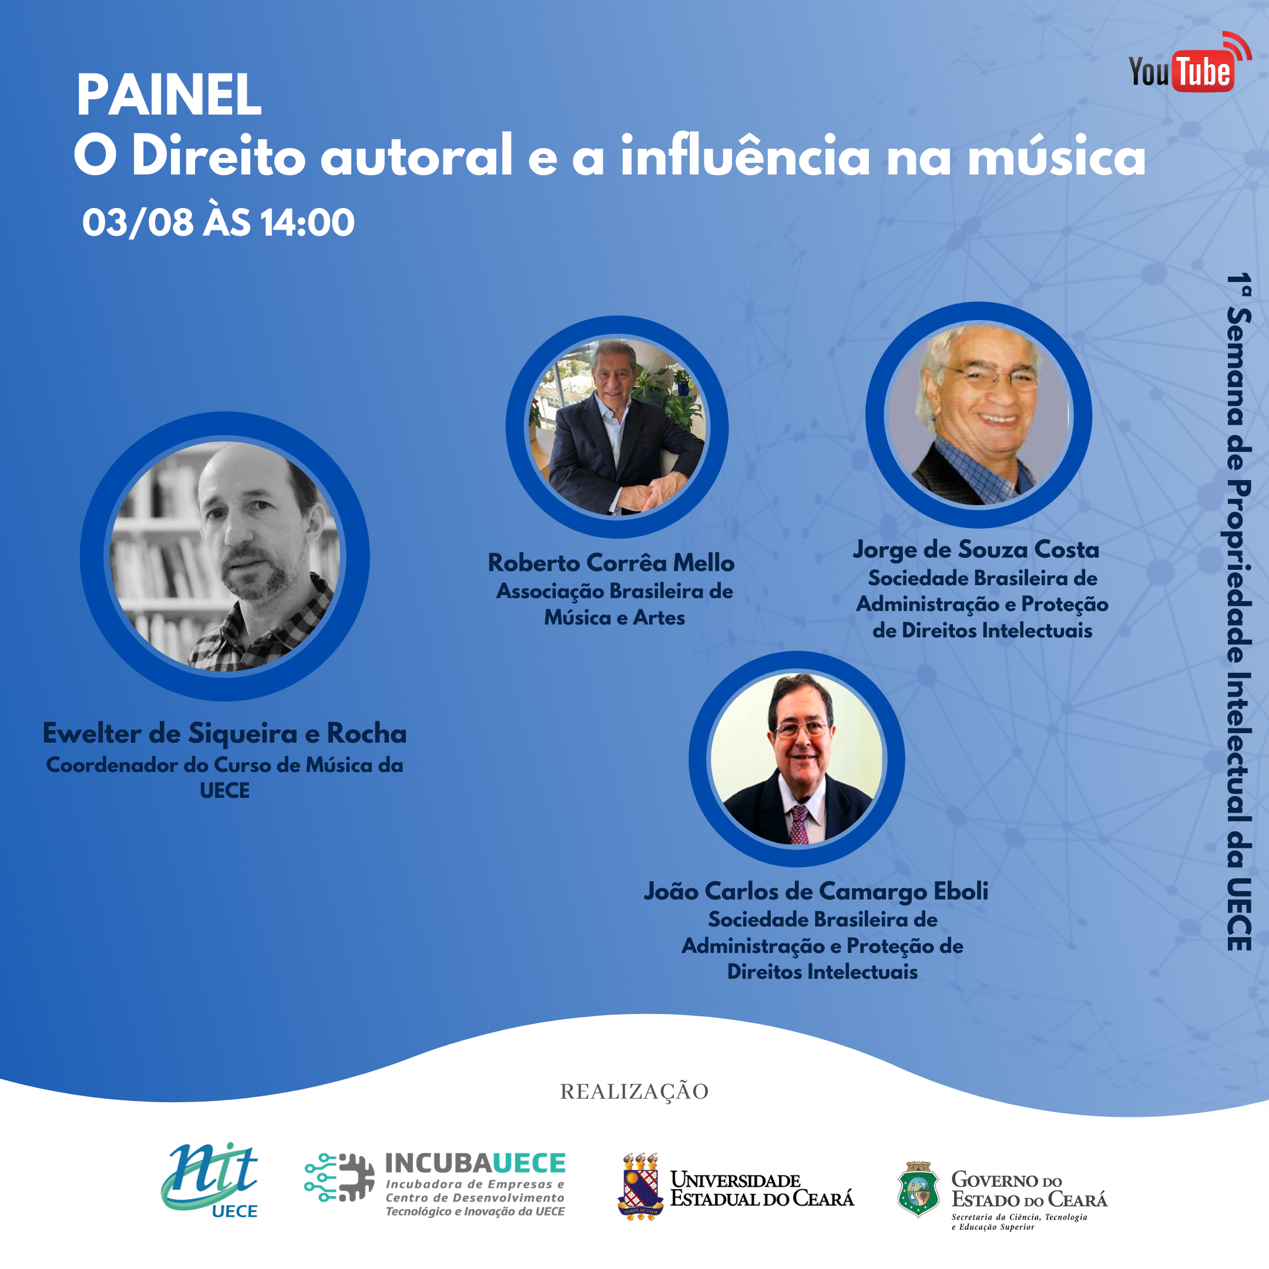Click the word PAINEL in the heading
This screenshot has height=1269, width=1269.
tap(169, 95)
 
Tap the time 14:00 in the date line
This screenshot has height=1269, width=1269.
tap(307, 223)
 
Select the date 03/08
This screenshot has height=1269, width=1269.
tap(138, 223)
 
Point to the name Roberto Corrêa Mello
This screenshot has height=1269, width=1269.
tap(611, 562)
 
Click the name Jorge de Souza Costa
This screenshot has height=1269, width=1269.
tap(976, 549)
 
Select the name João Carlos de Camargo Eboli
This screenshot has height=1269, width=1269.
tap(816, 891)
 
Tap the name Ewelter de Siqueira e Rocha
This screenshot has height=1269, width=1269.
tap(224, 733)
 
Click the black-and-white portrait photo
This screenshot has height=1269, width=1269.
tap(224, 556)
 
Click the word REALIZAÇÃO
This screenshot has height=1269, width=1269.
tap(634, 1091)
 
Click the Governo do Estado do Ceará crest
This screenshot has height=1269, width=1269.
tap(918, 1190)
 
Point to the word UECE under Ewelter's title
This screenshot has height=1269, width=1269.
tap(224, 790)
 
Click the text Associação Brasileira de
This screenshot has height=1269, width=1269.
tap(615, 590)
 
